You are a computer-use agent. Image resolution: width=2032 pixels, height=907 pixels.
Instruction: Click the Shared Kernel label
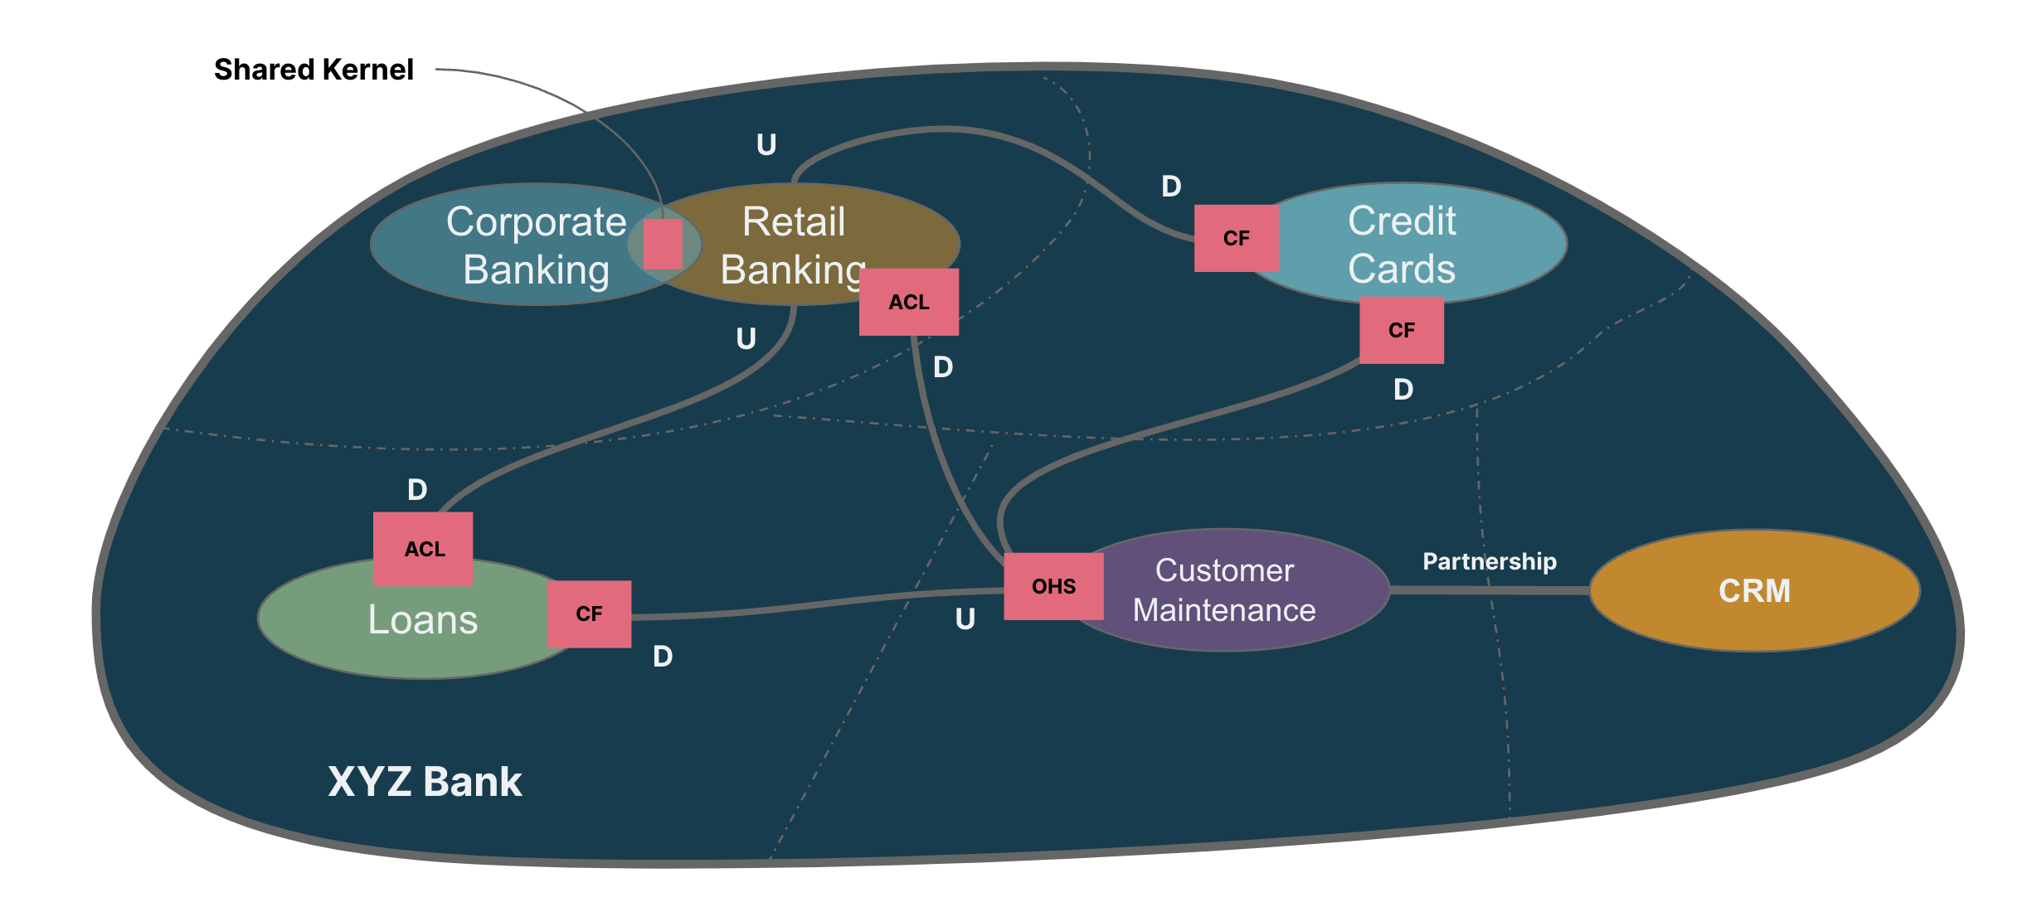[x=314, y=70]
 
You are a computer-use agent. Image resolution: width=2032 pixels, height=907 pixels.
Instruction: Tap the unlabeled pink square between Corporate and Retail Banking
[x=663, y=244]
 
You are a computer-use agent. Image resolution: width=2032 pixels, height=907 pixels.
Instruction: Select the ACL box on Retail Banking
[x=909, y=302]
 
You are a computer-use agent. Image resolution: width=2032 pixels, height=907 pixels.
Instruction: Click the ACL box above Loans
[x=423, y=549]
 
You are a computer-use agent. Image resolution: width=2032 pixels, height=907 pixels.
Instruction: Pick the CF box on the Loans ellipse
[x=589, y=614]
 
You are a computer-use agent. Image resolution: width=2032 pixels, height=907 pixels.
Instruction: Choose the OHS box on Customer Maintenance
[x=1053, y=586]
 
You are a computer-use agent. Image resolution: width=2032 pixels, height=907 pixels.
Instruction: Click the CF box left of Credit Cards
[x=1236, y=238]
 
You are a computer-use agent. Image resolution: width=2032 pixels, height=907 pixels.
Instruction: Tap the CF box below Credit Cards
[x=1402, y=330]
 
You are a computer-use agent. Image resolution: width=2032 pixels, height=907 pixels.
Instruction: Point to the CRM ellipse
[x=1754, y=590]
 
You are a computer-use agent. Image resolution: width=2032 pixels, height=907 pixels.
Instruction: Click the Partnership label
[x=1490, y=561]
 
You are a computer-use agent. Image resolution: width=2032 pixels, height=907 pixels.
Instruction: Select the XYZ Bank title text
[x=425, y=781]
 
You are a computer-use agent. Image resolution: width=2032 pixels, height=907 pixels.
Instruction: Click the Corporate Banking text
[x=537, y=245]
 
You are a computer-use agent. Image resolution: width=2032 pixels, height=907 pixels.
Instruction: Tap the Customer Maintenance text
[x=1224, y=590]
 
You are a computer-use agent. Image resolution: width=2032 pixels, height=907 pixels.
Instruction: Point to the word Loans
[x=423, y=620]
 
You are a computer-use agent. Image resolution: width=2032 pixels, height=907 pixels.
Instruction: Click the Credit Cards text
[x=1402, y=245]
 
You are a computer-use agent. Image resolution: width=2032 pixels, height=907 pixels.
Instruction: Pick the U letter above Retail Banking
[x=766, y=145]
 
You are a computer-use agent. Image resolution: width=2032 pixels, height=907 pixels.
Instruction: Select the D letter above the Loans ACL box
[x=417, y=490]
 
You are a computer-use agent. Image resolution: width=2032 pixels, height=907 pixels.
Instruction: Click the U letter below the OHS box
[x=965, y=619]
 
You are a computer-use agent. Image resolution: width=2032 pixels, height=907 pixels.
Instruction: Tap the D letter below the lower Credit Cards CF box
[x=1402, y=390]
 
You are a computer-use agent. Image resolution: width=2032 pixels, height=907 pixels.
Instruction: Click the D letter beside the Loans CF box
[x=663, y=657]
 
